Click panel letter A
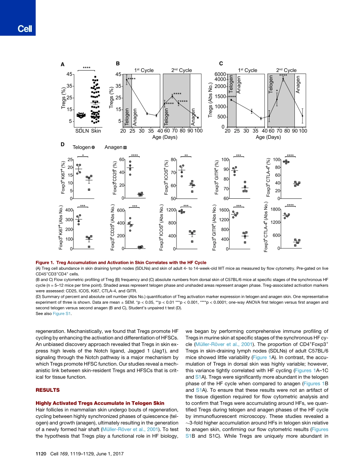pos(63,65)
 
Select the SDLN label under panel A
pos(81,131)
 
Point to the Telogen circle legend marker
pos(93,147)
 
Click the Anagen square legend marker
pos(125,147)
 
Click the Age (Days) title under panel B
pos(165,137)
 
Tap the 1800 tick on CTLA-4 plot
pos(275,209)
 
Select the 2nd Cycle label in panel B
pos(180,70)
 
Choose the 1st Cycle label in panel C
pos(247,70)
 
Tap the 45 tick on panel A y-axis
pos(69,74)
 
